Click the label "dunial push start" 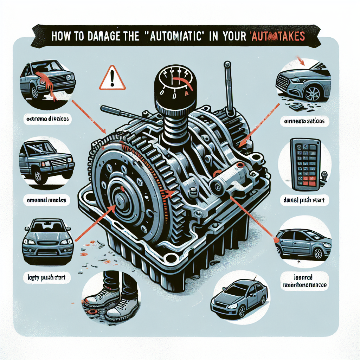tap(303, 201)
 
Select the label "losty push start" tap(47, 277)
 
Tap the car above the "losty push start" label tap(47, 239)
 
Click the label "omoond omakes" tap(47, 200)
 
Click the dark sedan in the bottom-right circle tap(239, 299)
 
